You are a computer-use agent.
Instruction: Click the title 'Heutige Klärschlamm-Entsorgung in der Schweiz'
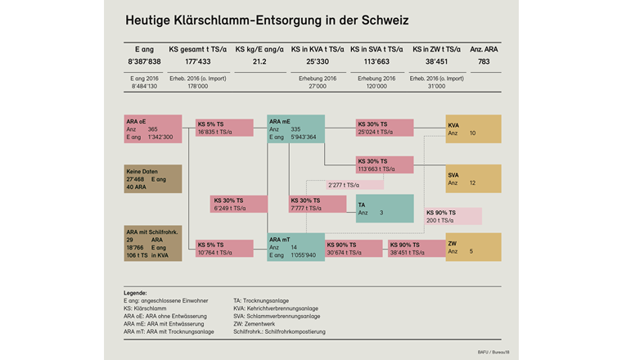pos(267,19)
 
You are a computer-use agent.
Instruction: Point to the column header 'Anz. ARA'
pos(485,49)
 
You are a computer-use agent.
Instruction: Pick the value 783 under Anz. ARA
pos(485,61)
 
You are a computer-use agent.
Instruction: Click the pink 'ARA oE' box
pos(151,129)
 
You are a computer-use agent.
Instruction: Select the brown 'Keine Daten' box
pos(151,178)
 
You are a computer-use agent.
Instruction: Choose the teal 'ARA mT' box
pos(295,249)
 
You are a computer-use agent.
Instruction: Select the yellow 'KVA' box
pos(472,129)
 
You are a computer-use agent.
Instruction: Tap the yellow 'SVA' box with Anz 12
pos(472,178)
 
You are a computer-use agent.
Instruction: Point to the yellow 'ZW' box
pos(472,248)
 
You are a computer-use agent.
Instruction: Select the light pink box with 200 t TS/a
pos(453,216)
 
